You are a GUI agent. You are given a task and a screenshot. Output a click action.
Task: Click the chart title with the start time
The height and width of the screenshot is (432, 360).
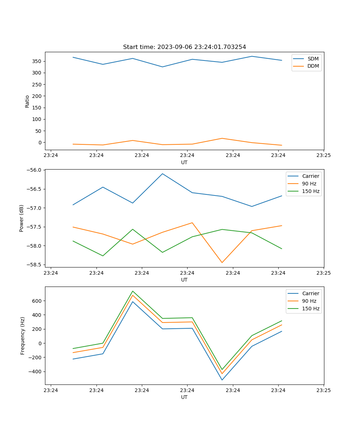[184, 47]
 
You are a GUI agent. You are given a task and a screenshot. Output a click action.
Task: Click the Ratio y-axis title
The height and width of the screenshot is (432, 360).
[27, 101]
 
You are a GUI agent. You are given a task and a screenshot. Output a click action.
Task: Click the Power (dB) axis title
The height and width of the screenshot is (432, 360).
[22, 218]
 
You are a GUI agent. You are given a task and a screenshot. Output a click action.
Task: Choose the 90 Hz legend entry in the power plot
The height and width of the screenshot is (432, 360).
[309, 184]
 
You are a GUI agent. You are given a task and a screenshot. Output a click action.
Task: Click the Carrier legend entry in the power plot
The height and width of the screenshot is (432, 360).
[310, 176]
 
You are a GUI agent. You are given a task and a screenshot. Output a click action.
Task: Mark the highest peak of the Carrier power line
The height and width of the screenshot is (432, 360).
[162, 174]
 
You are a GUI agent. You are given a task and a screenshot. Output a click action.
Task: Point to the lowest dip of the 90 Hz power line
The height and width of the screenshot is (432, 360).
[222, 262]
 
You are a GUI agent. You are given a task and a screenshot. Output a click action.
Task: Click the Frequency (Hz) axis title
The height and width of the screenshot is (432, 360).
[23, 336]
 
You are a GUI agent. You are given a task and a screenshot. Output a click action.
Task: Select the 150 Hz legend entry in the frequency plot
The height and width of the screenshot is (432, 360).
[311, 309]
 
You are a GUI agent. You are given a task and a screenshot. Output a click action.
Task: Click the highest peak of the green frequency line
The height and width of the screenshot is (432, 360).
[132, 291]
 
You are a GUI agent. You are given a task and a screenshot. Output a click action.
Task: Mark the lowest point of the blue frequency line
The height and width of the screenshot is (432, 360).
[222, 380]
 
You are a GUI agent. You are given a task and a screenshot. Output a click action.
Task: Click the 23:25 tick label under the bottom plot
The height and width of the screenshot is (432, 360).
[324, 390]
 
